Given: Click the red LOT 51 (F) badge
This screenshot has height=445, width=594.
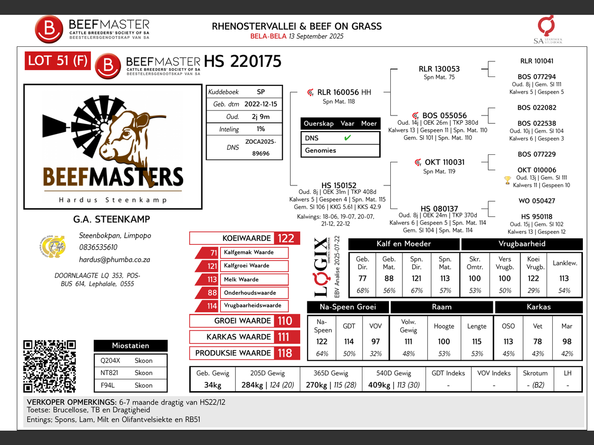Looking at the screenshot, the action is pos(58,61).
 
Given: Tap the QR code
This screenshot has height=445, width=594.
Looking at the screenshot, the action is pos(50,366).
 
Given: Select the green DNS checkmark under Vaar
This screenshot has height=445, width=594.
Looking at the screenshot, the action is pos(348,138).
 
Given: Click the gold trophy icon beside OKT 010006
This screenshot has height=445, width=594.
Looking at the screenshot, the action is pos(507,180).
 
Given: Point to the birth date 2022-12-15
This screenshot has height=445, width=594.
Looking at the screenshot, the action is pos(261,104).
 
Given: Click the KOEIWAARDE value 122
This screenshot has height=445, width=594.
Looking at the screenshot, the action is pos(286,238).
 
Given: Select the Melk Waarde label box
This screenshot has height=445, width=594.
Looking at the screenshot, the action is pos(254,280).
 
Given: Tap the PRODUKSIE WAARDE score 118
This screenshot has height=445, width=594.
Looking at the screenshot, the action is pos(285,353).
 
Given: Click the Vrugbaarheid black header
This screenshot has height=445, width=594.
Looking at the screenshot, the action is pos(522,244).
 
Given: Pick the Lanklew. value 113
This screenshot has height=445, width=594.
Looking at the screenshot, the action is pos(564,278).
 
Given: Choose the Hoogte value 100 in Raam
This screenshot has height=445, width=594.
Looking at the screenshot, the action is pos(444,342).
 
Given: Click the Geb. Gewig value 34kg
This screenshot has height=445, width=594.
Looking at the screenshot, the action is pos(213,385).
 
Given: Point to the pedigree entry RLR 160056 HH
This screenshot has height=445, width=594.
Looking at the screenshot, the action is pos(344,92).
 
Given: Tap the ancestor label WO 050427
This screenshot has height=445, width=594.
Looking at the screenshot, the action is pos(536,201).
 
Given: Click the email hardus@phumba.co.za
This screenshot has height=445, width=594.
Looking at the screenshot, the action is pos(115,260).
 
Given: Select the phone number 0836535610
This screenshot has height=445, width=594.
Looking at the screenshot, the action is pos(98,247).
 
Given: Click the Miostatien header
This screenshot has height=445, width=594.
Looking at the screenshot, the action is pos(130,346).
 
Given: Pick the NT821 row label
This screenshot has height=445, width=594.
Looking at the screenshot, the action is pos(109,373).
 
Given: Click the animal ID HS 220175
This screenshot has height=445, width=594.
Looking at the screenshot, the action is pos(242,61).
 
